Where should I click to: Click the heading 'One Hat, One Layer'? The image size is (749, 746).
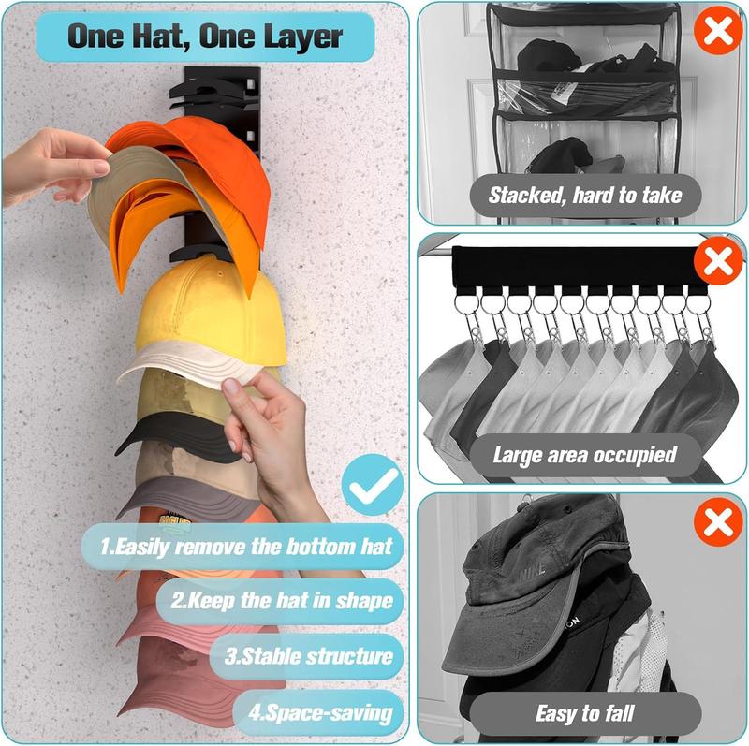205,37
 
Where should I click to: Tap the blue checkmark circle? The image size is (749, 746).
371,484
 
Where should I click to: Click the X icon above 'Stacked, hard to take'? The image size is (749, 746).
718,32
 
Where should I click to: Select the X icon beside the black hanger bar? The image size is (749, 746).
718,263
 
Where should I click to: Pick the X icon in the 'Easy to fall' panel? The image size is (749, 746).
718,521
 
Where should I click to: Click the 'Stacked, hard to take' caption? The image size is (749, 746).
585,196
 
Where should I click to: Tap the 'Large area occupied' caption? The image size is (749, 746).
585,455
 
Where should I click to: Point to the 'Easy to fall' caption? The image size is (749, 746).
585,713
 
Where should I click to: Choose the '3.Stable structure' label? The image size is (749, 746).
308,655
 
